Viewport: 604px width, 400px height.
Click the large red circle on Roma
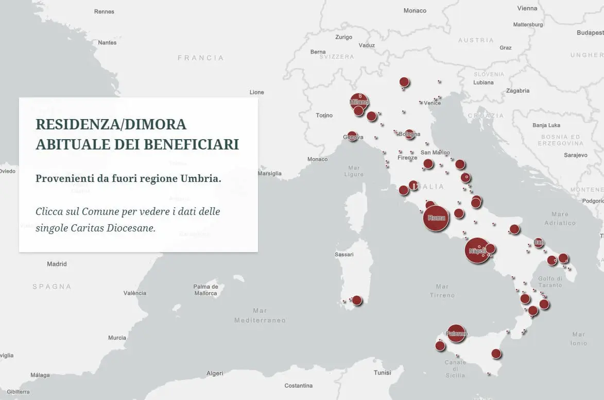point(436,218)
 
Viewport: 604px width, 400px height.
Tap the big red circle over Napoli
point(477,251)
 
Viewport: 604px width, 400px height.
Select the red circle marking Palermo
point(456,334)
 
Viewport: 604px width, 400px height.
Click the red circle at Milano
point(359,102)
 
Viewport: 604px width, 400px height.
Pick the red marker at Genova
point(352,137)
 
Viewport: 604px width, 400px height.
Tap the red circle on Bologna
point(409,134)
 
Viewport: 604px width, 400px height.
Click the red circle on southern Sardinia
point(356,300)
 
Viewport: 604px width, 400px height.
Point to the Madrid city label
point(57,264)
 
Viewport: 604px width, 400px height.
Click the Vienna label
point(527,8)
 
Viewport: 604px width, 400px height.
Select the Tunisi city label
point(383,373)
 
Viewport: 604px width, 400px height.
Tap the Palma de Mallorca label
point(205,290)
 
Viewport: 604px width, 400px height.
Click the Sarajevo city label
point(575,155)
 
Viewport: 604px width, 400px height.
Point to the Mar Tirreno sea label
point(442,291)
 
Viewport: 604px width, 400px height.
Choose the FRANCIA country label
point(201,58)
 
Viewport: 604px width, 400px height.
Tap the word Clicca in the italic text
point(49,212)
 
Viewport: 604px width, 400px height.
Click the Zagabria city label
point(517,91)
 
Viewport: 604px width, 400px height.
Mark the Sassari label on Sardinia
point(344,255)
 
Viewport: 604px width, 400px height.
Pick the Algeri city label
point(215,373)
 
